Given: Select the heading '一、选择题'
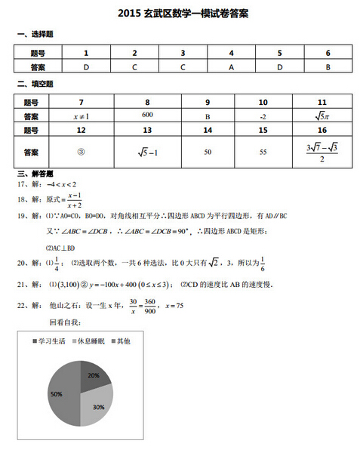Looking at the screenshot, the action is coord(35,35).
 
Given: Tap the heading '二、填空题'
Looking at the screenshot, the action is coord(35,84).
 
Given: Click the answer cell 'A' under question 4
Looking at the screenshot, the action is coord(231,66).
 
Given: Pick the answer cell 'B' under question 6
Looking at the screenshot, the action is coord(328,66).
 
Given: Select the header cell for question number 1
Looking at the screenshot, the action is coord(86,53).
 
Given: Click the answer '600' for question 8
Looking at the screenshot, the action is coord(147,115).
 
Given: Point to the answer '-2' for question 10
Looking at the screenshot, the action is coord(263,116).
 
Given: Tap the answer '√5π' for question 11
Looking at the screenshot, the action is coord(322,116).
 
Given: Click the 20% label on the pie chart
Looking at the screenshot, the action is coord(94,374).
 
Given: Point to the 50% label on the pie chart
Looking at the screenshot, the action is coord(56,394).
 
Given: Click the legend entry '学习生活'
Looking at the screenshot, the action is coord(53,341).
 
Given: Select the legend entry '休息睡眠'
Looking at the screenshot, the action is coord(92,341).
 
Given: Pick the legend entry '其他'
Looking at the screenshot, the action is coord(123,341).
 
